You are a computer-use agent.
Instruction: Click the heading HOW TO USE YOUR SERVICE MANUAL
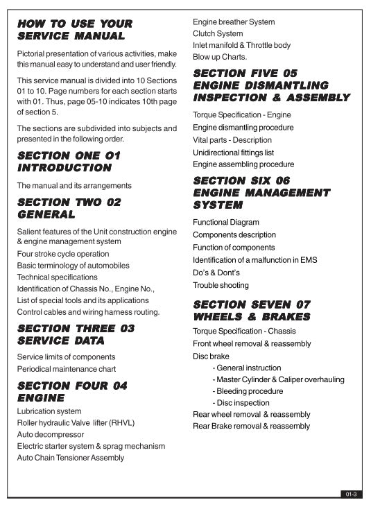75,29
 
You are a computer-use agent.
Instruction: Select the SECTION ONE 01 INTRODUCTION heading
68,162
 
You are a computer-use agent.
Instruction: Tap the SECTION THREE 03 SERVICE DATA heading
76,334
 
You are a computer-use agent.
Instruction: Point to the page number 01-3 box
351,494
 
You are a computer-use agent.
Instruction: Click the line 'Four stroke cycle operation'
63,254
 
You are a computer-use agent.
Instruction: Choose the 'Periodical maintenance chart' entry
67,368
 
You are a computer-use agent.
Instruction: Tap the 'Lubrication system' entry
49,411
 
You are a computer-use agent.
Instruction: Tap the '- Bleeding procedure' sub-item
248,391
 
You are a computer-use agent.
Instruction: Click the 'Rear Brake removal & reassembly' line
251,426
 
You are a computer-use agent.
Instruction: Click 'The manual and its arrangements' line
74,186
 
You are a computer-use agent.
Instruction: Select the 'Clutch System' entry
218,33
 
